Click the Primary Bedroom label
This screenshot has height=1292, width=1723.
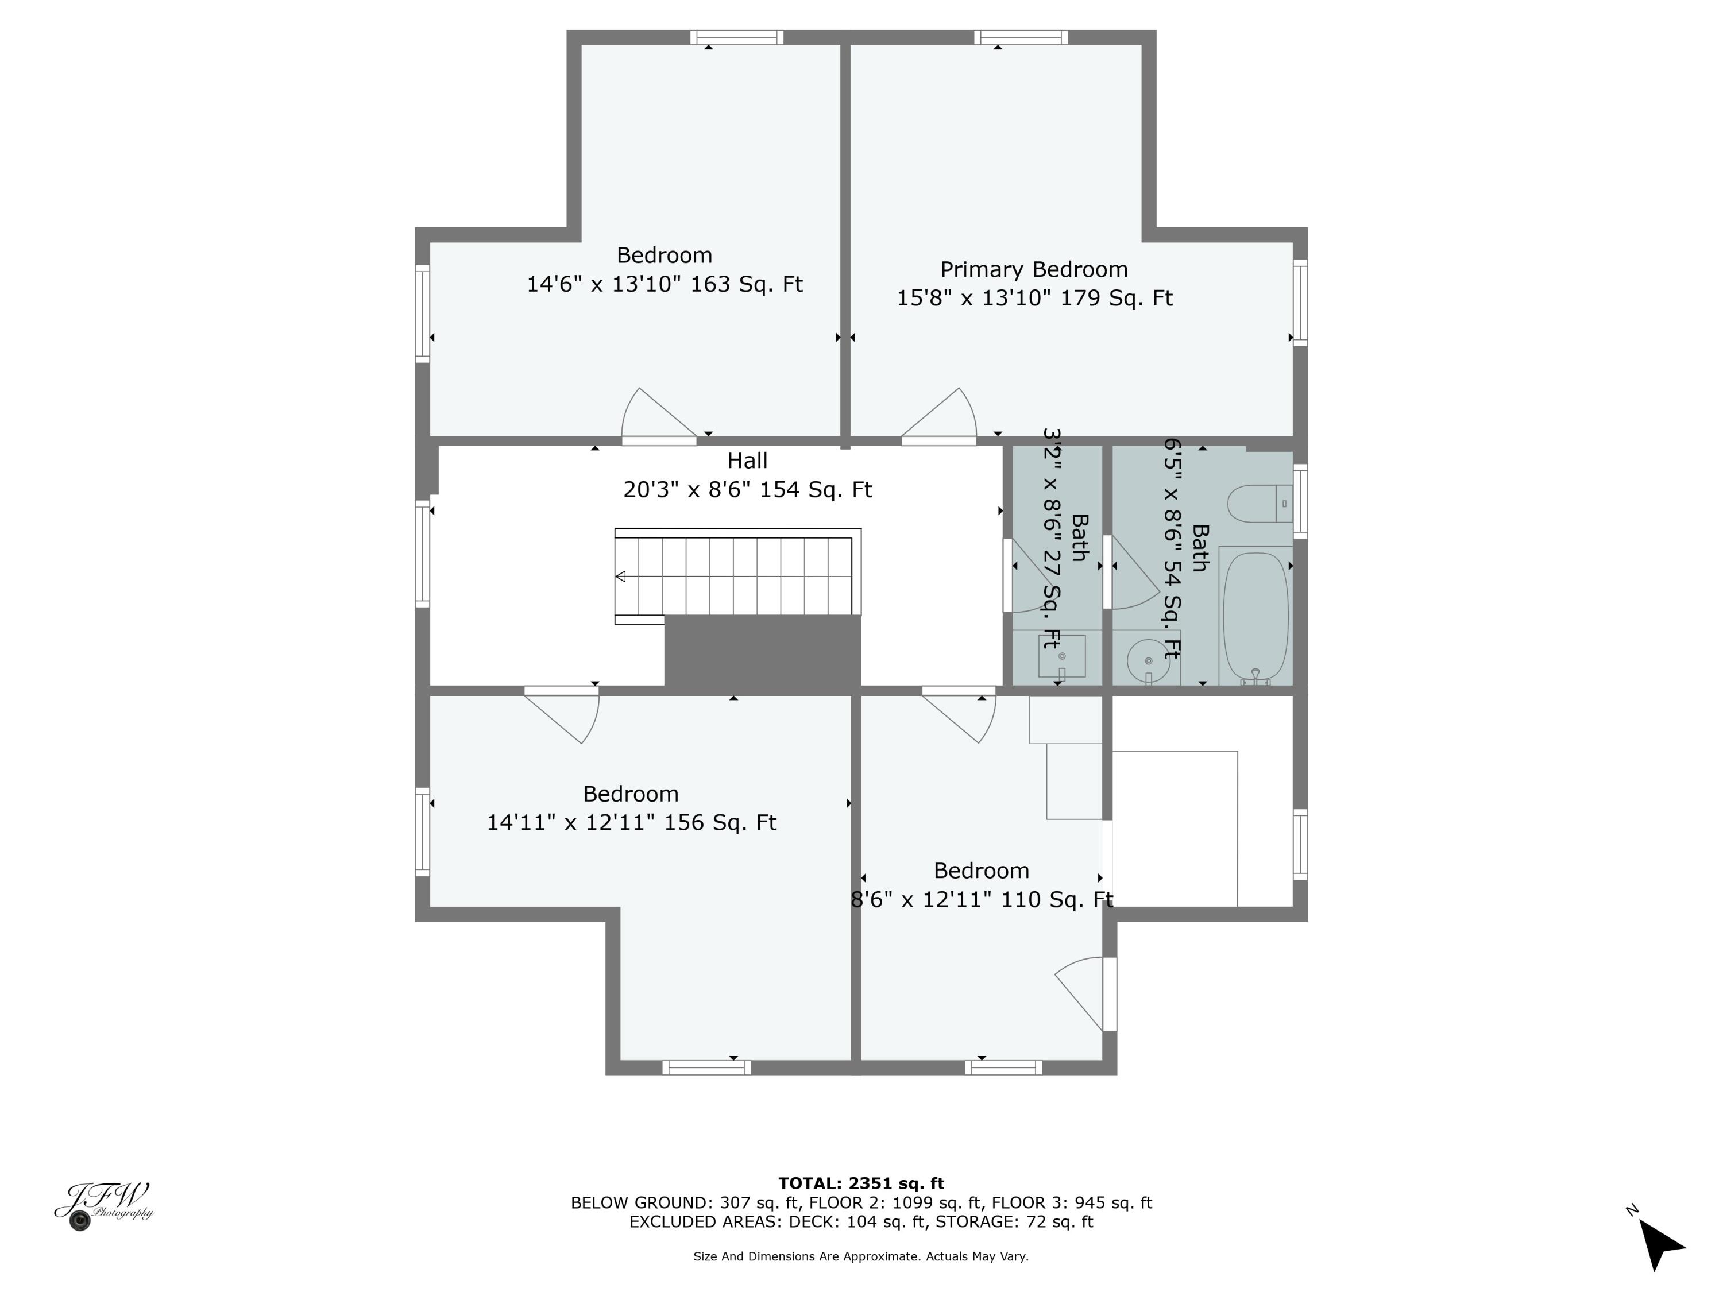pyautogui.click(x=1034, y=269)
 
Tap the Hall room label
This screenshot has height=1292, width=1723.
pyautogui.click(x=747, y=461)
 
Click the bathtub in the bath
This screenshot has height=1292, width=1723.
pyautogui.click(x=1255, y=617)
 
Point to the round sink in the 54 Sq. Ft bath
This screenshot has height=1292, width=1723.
pyautogui.click(x=1148, y=660)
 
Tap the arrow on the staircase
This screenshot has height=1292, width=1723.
pyautogui.click(x=621, y=577)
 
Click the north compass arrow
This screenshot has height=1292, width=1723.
pyautogui.click(x=1660, y=1244)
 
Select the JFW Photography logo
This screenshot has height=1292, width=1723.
pyautogui.click(x=103, y=1205)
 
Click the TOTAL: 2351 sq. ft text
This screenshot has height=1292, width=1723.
pyautogui.click(x=861, y=1183)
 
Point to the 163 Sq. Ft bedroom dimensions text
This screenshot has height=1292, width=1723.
pyautogui.click(x=665, y=284)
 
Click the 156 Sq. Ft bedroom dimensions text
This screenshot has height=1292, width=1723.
pyautogui.click(x=631, y=822)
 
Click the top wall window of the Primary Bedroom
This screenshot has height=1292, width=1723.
pyautogui.click(x=1021, y=37)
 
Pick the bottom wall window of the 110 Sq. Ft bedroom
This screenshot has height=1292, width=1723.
pyautogui.click(x=1003, y=1067)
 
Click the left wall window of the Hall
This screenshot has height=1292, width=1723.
pyautogui.click(x=422, y=554)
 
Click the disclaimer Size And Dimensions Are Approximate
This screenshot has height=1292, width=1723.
pyautogui.click(x=861, y=1256)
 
